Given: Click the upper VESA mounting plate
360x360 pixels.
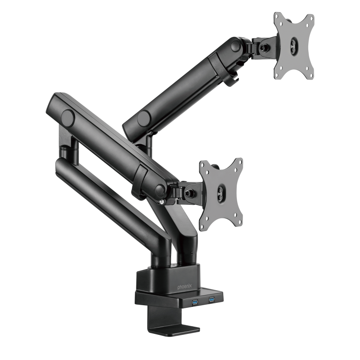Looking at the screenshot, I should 293,45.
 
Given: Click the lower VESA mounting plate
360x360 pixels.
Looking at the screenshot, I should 221,193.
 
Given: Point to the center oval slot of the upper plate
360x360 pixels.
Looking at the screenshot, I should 293,45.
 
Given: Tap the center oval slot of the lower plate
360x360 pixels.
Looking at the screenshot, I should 221,194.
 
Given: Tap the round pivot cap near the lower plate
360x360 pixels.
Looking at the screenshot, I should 159,189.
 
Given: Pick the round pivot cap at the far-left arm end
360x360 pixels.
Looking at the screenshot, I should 67,118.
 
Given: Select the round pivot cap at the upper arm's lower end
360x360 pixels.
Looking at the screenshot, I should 144,119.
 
